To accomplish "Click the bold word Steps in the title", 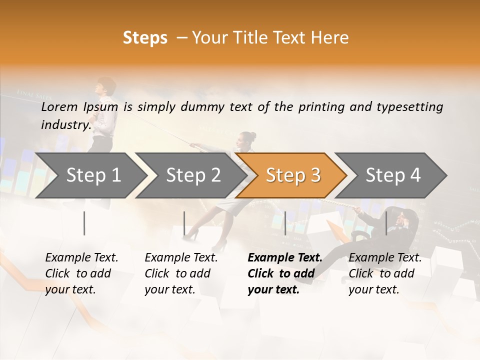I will pyautogui.click(x=145, y=38).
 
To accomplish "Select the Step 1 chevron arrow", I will pyautogui.click(x=90, y=175).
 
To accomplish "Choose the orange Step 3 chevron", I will pyautogui.click(x=291, y=175).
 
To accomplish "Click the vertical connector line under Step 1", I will pyautogui.click(x=84, y=223).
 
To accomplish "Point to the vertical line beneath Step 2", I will pyautogui.click(x=184, y=223).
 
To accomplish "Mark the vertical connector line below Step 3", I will pyautogui.click(x=285, y=223).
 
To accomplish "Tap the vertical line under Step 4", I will pyautogui.click(x=386, y=223).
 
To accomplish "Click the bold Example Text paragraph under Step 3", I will pyautogui.click(x=284, y=273).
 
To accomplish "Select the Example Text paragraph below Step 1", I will pyautogui.click(x=81, y=273).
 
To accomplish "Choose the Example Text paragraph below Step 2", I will pyautogui.click(x=180, y=273).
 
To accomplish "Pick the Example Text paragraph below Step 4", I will pyautogui.click(x=384, y=273).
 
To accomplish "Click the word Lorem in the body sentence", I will pyautogui.click(x=59, y=107).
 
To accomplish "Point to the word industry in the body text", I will pyautogui.click(x=65, y=125).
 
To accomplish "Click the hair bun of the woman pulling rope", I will pyautogui.click(x=252, y=135).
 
